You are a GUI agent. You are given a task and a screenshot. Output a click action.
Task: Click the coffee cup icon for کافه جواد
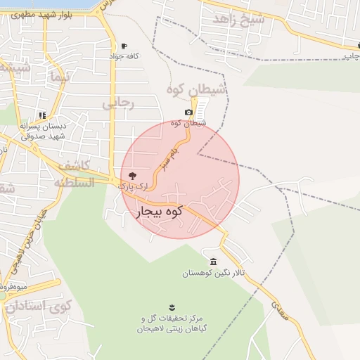[x=125, y=46]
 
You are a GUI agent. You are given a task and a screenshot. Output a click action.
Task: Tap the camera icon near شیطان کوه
[x=188, y=112]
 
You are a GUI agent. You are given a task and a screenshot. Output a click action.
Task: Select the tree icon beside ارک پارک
[x=133, y=175]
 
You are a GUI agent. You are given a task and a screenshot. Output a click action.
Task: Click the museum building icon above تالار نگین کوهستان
[x=213, y=262]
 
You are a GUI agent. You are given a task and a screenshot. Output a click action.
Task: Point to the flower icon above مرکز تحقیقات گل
[x=171, y=307]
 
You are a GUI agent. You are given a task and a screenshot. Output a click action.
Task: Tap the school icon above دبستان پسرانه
[x=43, y=115]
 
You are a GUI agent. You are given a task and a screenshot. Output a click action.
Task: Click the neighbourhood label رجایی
[x=117, y=103]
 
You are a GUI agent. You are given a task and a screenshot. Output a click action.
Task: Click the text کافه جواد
[x=124, y=56]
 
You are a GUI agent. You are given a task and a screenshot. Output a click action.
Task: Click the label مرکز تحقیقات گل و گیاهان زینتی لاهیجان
[x=170, y=324]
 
